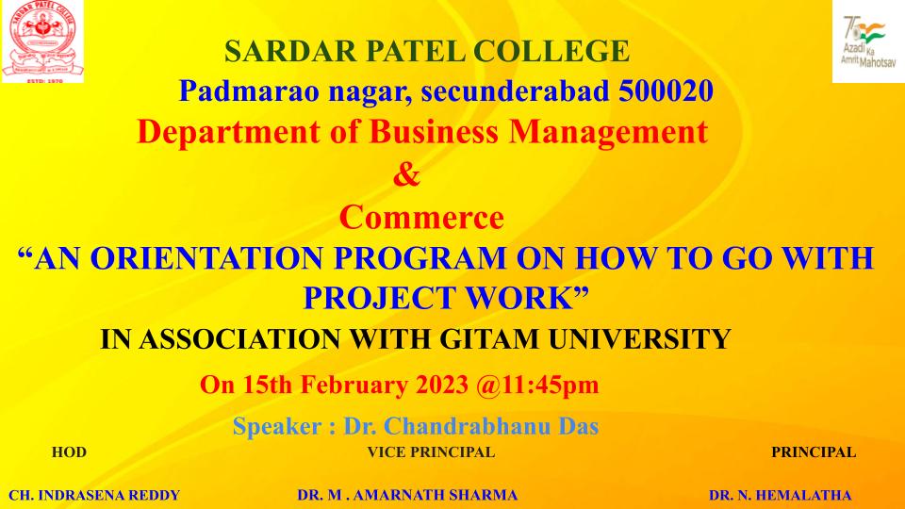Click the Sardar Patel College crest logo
pos(42,41)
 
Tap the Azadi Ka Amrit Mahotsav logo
pos(868,41)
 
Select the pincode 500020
pos(666,91)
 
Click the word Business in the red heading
pos(433,132)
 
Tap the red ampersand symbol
pos(406,174)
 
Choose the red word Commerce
pos(421,218)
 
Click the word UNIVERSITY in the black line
pos(639,338)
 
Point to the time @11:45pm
pos(538,385)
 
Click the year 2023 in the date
pos(443,385)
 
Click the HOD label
pos(69,452)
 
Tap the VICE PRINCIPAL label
pos(431,452)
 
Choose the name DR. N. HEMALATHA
pos(781,495)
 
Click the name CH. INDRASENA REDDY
pos(94,495)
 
